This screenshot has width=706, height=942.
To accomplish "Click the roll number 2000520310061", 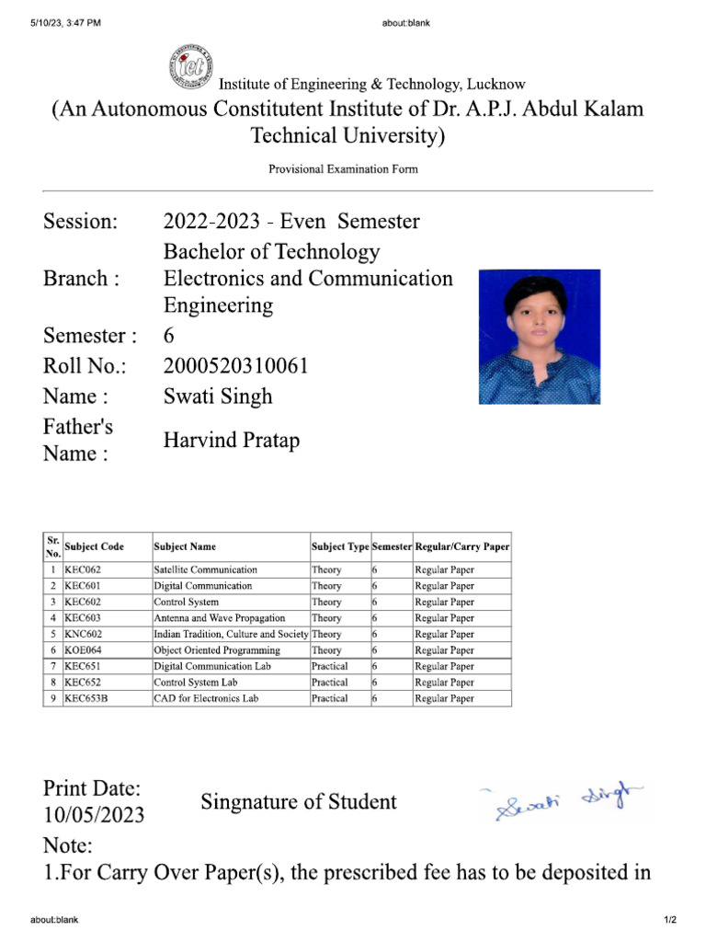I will point(235,366).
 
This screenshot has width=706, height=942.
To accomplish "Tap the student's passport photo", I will point(540,337).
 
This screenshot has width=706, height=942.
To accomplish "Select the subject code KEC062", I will point(82,569).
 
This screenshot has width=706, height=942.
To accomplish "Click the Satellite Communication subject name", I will point(206,569).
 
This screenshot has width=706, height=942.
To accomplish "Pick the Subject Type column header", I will point(339,546).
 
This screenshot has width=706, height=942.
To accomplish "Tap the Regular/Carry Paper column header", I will point(462,546).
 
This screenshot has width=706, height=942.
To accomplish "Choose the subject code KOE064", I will point(82,650).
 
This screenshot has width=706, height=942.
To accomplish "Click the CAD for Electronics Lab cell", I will point(206,698).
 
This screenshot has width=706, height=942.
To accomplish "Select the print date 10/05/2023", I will point(94,815).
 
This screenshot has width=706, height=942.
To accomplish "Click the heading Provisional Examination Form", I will point(343,169).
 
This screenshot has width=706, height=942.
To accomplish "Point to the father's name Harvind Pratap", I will point(232,441).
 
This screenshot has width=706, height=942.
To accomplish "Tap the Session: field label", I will point(81,222).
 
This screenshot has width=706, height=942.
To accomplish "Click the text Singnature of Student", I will point(299,802).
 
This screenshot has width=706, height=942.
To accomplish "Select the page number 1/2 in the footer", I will point(670,920).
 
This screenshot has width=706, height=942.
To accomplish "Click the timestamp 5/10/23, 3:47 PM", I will point(65,23).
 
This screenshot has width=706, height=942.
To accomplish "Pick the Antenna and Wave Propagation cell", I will point(220,618).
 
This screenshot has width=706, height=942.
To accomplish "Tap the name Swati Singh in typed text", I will point(218,396).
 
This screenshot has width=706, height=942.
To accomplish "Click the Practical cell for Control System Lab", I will point(329,683).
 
